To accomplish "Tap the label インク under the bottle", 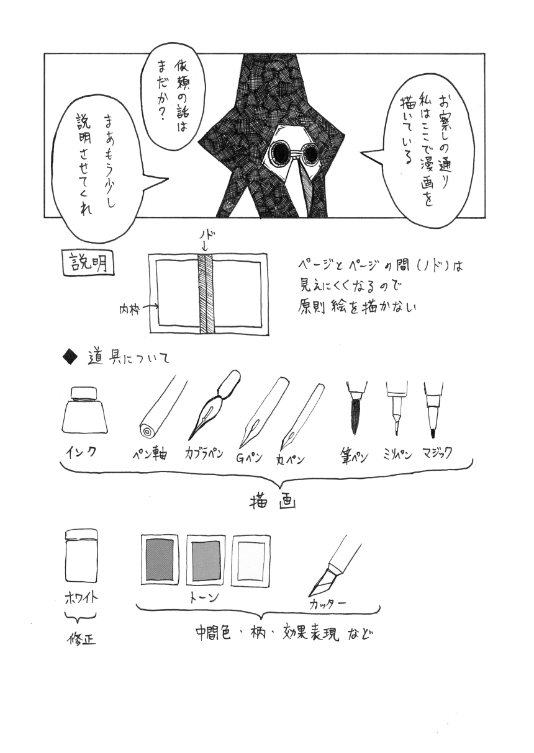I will [x=81, y=452].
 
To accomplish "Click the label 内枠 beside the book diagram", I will [x=128, y=307].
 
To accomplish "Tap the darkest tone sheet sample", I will [x=160, y=558].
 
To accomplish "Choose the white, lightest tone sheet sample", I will [x=251, y=559].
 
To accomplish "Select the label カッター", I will [x=327, y=603].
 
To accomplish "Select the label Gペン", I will [x=250, y=458].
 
